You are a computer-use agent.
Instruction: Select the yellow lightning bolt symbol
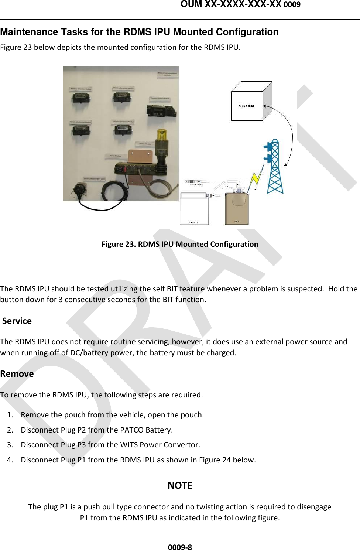(x=256, y=178)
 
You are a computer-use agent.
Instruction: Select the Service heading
(x=17, y=321)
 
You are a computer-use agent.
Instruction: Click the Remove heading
(x=17, y=374)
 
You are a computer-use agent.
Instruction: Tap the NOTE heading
(x=180, y=485)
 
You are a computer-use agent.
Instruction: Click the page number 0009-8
(x=180, y=547)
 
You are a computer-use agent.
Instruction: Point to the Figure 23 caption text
(x=180, y=244)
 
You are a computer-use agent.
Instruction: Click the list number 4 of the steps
(x=10, y=460)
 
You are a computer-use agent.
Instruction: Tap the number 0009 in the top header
(x=292, y=5)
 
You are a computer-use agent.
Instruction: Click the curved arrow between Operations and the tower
(x=290, y=133)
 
